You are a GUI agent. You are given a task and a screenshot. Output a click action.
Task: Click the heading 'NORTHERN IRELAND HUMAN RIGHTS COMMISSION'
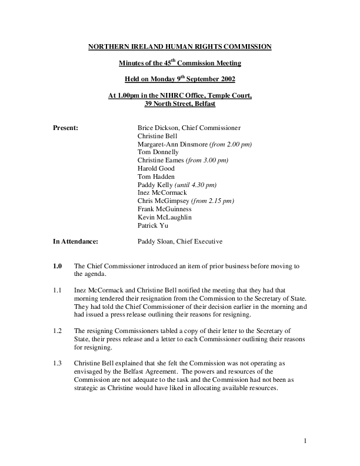(180, 46)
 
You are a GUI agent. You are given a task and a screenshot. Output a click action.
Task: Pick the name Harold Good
(155, 168)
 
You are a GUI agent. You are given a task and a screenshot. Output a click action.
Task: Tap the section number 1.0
(58, 266)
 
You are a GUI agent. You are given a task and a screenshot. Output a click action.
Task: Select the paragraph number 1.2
(58, 331)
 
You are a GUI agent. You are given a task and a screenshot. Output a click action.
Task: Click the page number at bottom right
(306, 441)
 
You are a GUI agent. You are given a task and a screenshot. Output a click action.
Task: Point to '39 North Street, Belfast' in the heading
(180, 104)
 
